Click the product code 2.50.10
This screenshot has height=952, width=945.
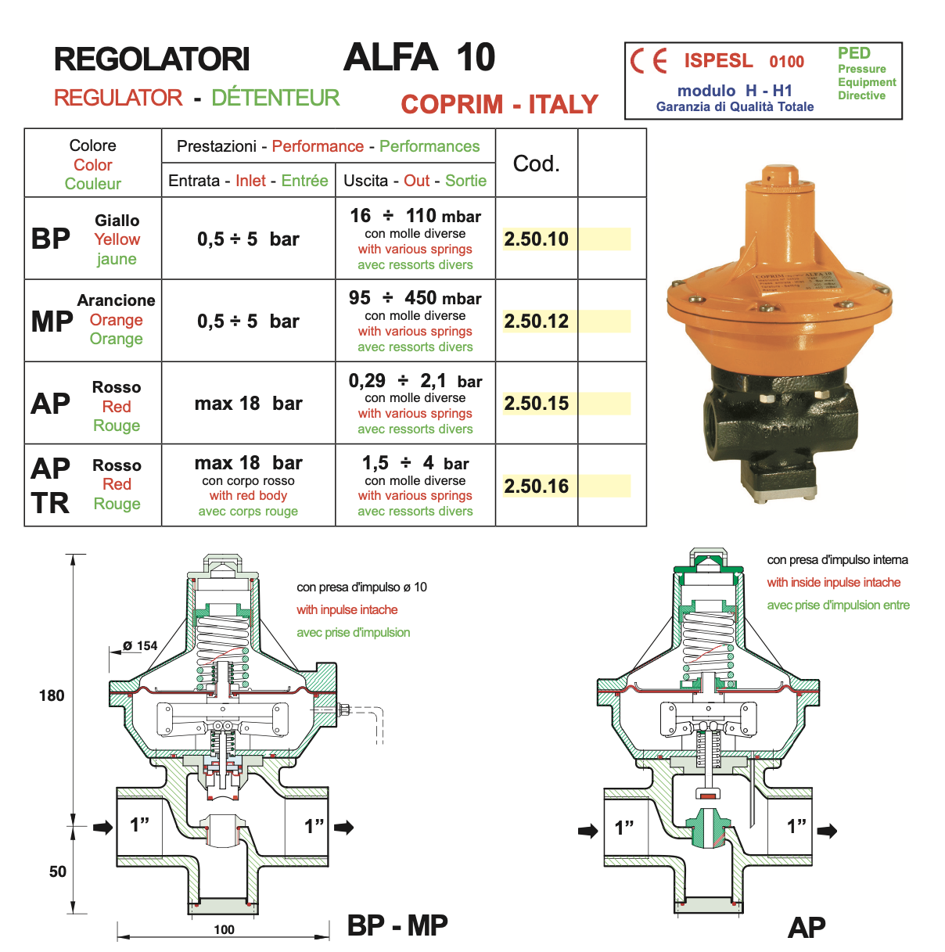pyautogui.click(x=536, y=239)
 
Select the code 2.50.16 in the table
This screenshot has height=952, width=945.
pyautogui.click(x=536, y=487)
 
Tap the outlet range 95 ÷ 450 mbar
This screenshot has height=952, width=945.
pyautogui.click(x=415, y=298)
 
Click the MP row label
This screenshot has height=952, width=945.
pyautogui.click(x=52, y=322)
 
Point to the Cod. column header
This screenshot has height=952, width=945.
pyautogui.click(x=536, y=163)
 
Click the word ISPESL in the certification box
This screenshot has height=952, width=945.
pyautogui.click(x=718, y=61)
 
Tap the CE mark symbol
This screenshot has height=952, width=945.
pyautogui.click(x=649, y=61)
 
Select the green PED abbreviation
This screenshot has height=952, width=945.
pyautogui.click(x=853, y=53)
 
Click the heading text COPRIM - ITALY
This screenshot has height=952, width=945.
pyautogui.click(x=499, y=104)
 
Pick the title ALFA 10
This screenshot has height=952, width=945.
pyautogui.click(x=419, y=58)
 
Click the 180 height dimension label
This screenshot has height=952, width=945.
pyautogui.click(x=52, y=695)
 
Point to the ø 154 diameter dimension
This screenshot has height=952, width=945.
pyautogui.click(x=140, y=646)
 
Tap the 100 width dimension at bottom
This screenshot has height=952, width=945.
pyautogui.click(x=224, y=929)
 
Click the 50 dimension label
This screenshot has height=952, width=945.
pyautogui.click(x=58, y=871)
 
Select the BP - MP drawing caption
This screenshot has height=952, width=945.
pyautogui.click(x=397, y=925)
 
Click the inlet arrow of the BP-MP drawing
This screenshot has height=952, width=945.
pyautogui.click(x=102, y=827)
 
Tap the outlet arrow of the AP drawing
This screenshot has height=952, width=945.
pyautogui.click(x=827, y=831)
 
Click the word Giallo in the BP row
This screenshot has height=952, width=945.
pyautogui.click(x=117, y=221)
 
